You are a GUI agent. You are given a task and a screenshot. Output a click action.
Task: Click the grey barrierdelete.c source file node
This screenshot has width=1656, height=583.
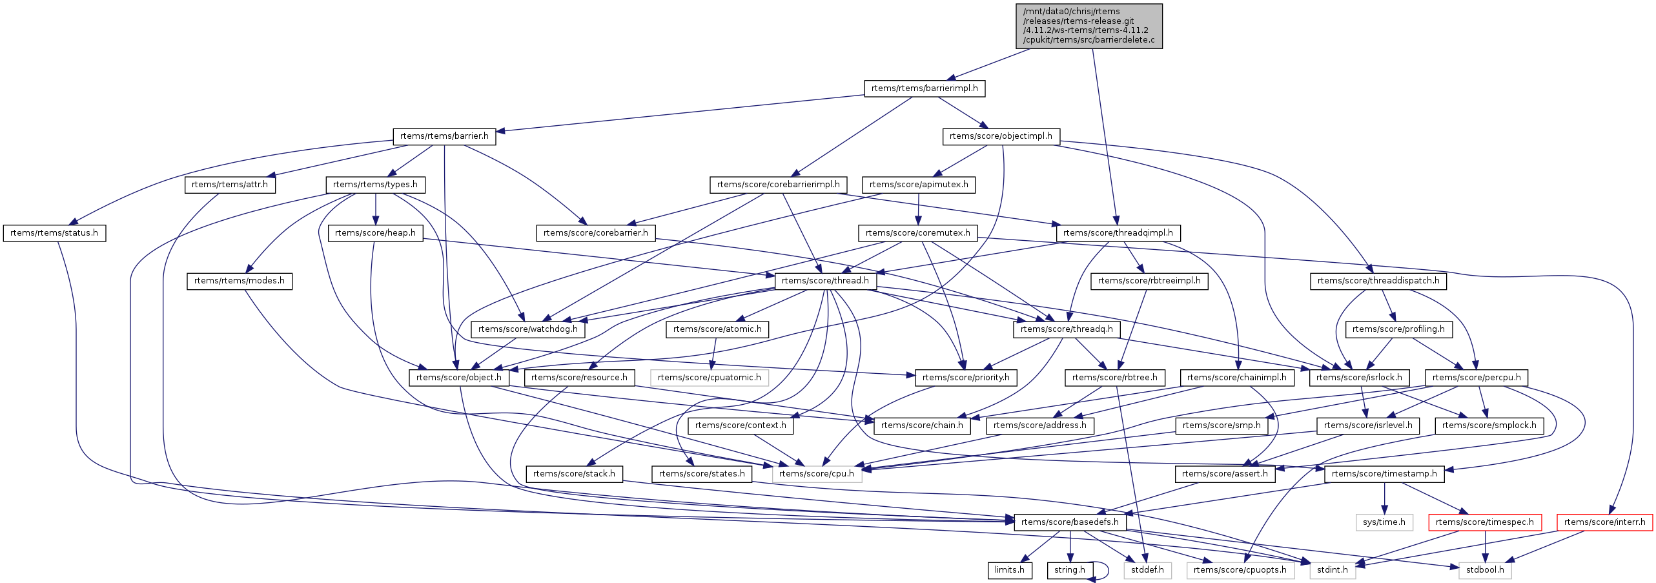tap(1089, 26)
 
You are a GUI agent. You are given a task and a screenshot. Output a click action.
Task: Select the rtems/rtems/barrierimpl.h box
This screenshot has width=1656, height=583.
tap(925, 88)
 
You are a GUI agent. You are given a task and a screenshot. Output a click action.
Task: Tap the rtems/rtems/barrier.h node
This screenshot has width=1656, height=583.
tap(444, 136)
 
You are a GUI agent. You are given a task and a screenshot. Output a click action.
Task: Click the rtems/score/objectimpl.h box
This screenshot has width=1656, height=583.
tap(1001, 136)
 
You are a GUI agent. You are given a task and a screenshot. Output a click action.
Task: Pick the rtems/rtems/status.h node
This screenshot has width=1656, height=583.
tap(54, 233)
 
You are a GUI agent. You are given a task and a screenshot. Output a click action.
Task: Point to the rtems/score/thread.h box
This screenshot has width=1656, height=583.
tap(825, 281)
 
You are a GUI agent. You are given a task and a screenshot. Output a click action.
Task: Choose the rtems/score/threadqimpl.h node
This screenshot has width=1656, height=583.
tap(1118, 233)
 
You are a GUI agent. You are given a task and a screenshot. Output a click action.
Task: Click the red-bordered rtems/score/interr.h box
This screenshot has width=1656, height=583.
tap(1604, 522)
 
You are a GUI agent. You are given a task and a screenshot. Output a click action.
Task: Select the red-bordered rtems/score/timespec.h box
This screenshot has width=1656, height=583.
tap(1485, 522)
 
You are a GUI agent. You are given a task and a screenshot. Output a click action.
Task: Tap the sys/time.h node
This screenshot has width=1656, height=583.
tap(1384, 522)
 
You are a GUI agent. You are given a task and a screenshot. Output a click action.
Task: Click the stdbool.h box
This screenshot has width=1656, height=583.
tap(1485, 570)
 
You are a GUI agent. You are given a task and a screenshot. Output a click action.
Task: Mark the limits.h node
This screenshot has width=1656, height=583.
tap(1010, 570)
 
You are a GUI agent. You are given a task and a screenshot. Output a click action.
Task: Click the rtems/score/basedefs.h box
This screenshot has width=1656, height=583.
tap(1070, 522)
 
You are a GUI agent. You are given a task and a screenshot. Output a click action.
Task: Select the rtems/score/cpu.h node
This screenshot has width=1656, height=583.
tap(817, 474)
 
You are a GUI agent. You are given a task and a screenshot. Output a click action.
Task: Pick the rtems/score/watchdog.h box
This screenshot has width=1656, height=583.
tap(528, 329)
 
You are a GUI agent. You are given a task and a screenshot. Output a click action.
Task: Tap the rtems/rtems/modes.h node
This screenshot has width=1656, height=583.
tap(240, 281)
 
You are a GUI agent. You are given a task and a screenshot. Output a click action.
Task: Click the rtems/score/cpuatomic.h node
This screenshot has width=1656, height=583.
tap(710, 378)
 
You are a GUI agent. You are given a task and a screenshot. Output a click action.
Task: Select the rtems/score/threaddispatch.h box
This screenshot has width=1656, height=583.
tap(1378, 281)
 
